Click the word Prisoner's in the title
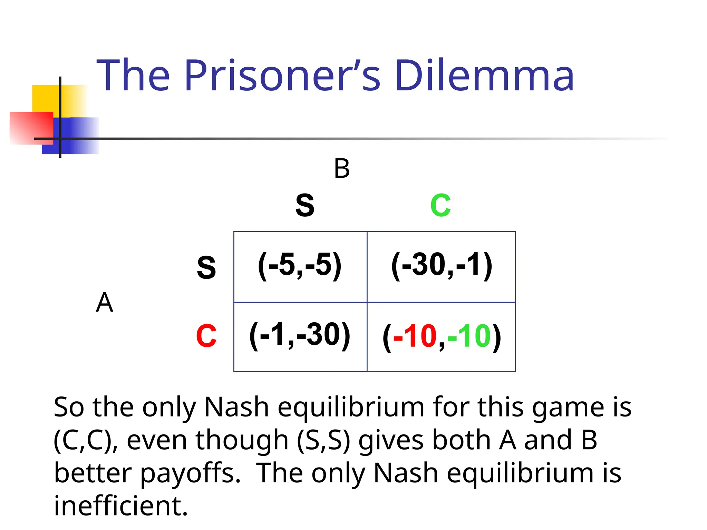click(x=282, y=75)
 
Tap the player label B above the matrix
click(x=342, y=169)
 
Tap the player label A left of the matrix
click(x=104, y=303)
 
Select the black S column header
click(x=305, y=205)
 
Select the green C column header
click(x=440, y=205)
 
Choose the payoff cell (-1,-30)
click(x=300, y=335)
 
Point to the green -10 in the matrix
click(x=469, y=336)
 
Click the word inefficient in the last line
click(x=121, y=506)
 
